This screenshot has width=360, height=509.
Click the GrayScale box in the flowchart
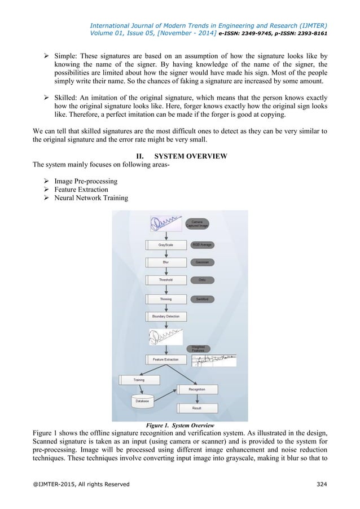coord(165,245)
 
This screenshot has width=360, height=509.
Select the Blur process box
coord(165,262)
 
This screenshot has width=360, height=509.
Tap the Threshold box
coord(165,280)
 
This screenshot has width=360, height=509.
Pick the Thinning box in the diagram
coord(165,298)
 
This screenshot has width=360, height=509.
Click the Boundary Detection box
coord(165,316)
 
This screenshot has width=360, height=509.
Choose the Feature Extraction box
coord(165,359)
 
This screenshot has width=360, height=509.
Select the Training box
coord(139,380)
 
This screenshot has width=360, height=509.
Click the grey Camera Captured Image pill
coord(199,223)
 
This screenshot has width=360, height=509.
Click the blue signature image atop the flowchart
coord(166,223)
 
